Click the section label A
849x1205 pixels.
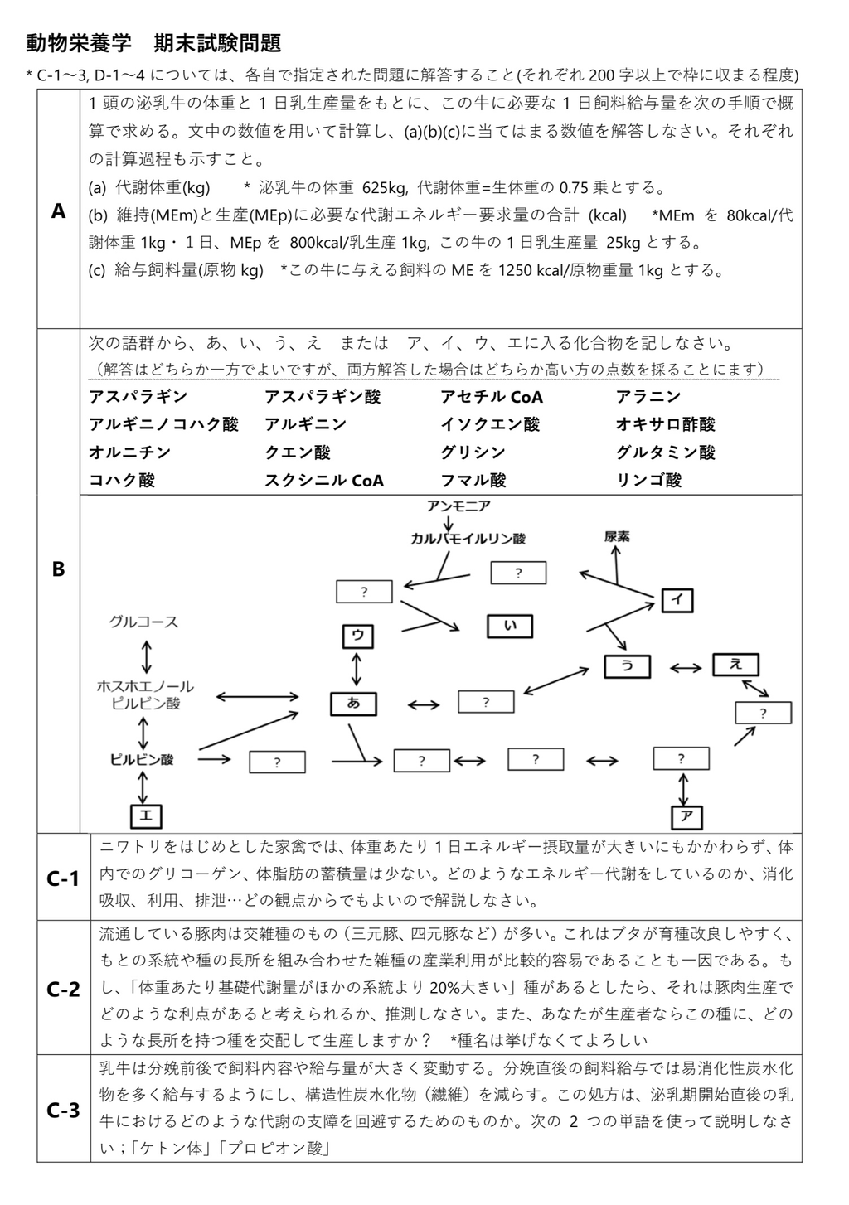click(x=58, y=211)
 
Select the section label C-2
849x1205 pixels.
click(x=63, y=989)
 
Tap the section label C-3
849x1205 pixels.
click(x=63, y=1110)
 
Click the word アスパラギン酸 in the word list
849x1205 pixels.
click(x=323, y=397)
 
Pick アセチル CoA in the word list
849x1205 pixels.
click(x=492, y=397)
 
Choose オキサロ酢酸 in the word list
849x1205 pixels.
click(x=665, y=424)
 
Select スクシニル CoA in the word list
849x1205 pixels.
click(x=324, y=480)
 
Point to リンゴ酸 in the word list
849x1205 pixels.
click(x=648, y=480)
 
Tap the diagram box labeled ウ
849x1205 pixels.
click(x=358, y=636)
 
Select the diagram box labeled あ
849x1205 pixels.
click(x=354, y=704)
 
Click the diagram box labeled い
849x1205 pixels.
click(x=510, y=626)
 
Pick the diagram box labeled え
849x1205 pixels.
click(x=735, y=664)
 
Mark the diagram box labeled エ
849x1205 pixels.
click(x=145, y=815)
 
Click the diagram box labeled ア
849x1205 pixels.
click(x=686, y=816)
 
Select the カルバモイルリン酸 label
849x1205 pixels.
click(x=468, y=538)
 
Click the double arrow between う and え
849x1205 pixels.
click(x=685, y=666)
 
